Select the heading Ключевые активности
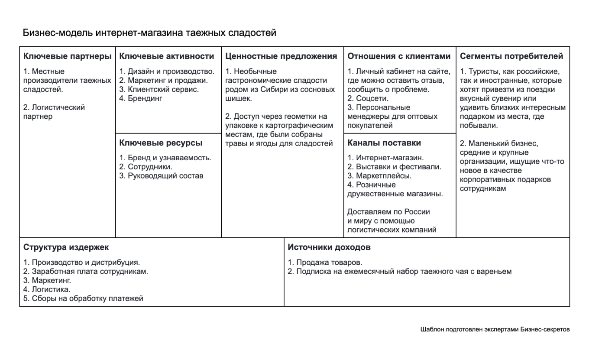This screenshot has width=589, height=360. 167,56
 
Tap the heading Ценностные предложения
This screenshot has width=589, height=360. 281,56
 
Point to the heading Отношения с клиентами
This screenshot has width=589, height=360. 399,56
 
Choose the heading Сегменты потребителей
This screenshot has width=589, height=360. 511,56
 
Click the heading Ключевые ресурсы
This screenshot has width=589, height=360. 161,143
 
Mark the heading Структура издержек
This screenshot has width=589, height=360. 66,248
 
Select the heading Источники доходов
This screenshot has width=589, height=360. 329,248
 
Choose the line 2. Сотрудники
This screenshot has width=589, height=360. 146,167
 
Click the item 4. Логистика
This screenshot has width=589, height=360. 47,289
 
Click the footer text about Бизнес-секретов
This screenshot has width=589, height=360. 495,329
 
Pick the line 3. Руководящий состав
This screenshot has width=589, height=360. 161,176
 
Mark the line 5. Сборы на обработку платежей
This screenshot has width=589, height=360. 83,298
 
